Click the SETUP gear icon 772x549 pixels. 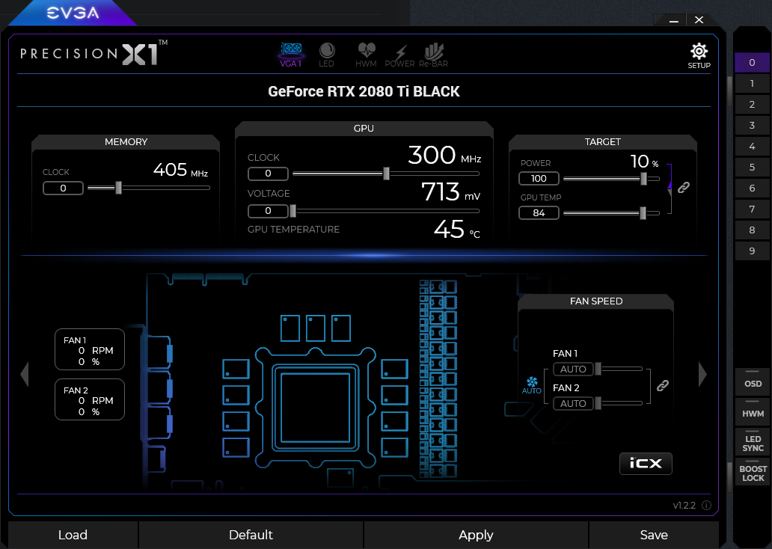pyautogui.click(x=699, y=51)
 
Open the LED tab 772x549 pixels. pyautogui.click(x=326, y=54)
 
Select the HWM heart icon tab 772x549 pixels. pyautogui.click(x=366, y=54)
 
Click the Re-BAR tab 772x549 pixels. pyautogui.click(x=433, y=54)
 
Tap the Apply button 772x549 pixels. pyautogui.click(x=476, y=535)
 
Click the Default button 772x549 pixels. pyautogui.click(x=251, y=535)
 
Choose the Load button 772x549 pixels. pyautogui.click(x=73, y=535)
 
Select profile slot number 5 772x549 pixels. pyautogui.click(x=752, y=167)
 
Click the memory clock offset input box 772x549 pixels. pyautogui.click(x=63, y=188)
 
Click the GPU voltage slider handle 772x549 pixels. pyautogui.click(x=293, y=211)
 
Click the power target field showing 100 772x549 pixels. pyautogui.click(x=539, y=178)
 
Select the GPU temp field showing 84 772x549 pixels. pyautogui.click(x=539, y=212)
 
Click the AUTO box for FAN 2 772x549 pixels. pyautogui.click(x=573, y=403)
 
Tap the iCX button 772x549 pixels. pyautogui.click(x=646, y=463)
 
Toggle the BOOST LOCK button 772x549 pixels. pyautogui.click(x=753, y=473)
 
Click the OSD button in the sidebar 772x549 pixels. pyautogui.click(x=753, y=382)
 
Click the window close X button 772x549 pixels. pyautogui.click(x=699, y=19)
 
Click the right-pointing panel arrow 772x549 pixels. pyautogui.click(x=702, y=374)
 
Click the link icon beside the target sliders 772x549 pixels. pyautogui.click(x=684, y=187)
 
